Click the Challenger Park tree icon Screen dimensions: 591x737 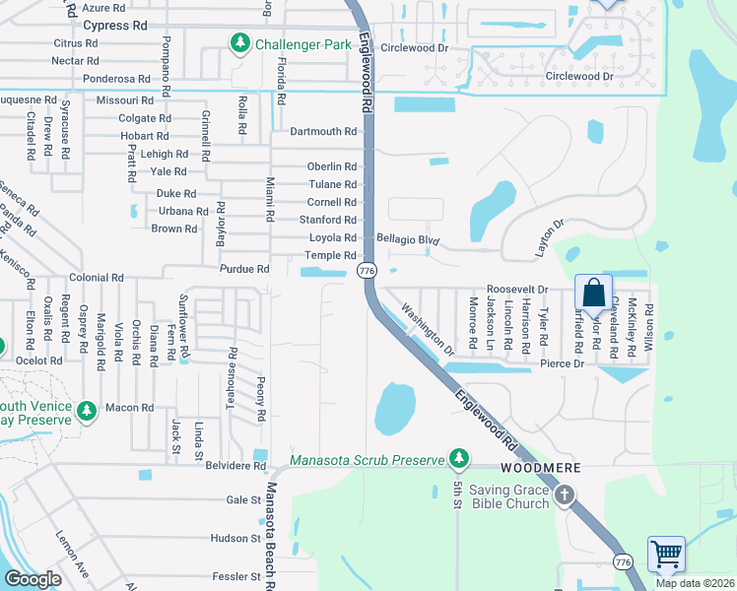pyautogui.click(x=239, y=43)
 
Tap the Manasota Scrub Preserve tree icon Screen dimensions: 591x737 pyautogui.click(x=458, y=458)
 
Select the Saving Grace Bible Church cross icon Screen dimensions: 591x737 pyautogui.click(x=564, y=495)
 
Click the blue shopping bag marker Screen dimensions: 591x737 pyautogui.click(x=593, y=294)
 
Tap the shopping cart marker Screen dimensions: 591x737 pyautogui.click(x=666, y=555)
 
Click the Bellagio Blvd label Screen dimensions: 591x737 pyautogui.click(x=407, y=239)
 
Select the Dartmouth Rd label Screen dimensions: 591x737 pyautogui.click(x=323, y=131)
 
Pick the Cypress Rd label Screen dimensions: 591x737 pyautogui.click(x=115, y=25)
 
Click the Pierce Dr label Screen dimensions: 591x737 pyautogui.click(x=562, y=364)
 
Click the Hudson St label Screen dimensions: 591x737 pyautogui.click(x=234, y=538)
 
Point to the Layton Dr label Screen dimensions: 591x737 pyautogui.click(x=549, y=237)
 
